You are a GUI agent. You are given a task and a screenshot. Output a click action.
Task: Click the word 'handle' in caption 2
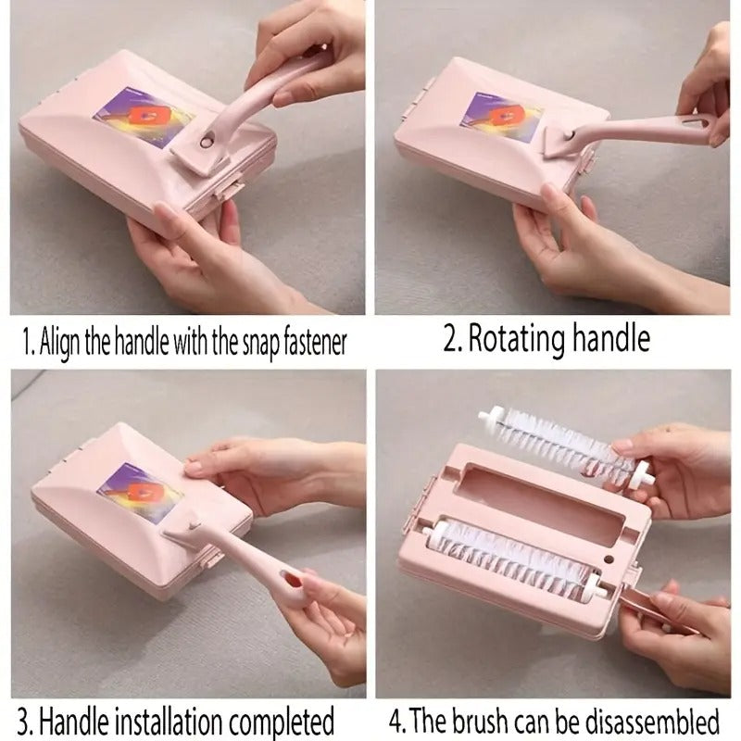[611, 337]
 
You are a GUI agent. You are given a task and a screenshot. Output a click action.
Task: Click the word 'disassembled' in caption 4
[652, 721]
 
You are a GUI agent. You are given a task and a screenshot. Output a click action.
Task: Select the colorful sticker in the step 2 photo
[501, 116]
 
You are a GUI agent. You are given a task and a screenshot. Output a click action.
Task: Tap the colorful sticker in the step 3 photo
[141, 490]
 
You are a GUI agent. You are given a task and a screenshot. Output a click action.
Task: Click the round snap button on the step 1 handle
[207, 142]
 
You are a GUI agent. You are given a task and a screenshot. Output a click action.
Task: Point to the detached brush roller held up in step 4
[566, 446]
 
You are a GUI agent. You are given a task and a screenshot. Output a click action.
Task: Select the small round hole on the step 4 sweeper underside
[609, 559]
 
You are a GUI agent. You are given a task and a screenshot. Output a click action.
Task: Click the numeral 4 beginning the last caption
[395, 722]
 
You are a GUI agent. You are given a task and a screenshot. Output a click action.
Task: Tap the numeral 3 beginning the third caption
[23, 722]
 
